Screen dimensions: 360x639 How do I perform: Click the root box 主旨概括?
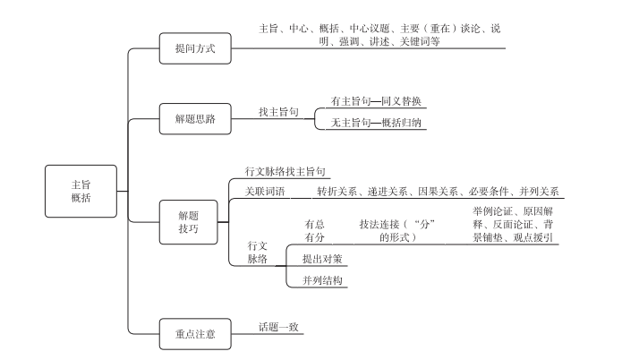[81, 191]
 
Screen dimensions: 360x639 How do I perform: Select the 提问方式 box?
[195, 48]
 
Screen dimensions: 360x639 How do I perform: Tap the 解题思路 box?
[195, 119]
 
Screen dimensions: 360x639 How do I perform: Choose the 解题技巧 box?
[188, 222]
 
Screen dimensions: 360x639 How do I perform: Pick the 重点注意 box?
[195, 334]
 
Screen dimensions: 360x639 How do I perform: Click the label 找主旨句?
[278, 112]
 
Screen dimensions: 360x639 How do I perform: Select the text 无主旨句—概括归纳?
[376, 123]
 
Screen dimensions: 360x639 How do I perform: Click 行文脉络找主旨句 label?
[285, 171]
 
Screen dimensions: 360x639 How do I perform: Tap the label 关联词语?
[266, 191]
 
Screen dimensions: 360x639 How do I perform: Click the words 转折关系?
[337, 192]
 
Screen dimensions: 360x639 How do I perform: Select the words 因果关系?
[438, 192]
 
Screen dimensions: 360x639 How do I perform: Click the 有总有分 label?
[314, 230]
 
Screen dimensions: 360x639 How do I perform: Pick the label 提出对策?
[322, 259]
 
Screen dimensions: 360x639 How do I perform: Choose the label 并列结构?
[322, 280]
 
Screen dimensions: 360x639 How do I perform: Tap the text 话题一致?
[278, 327]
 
